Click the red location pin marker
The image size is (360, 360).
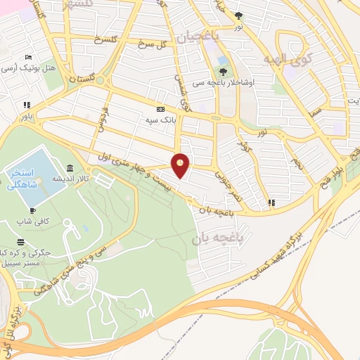coord(181,165)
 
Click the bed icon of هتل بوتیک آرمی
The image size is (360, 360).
coord(27,57)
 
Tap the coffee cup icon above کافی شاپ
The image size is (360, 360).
coord(32,210)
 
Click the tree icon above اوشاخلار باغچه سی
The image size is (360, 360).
coord(223,71)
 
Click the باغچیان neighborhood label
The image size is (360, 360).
coord(198,36)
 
